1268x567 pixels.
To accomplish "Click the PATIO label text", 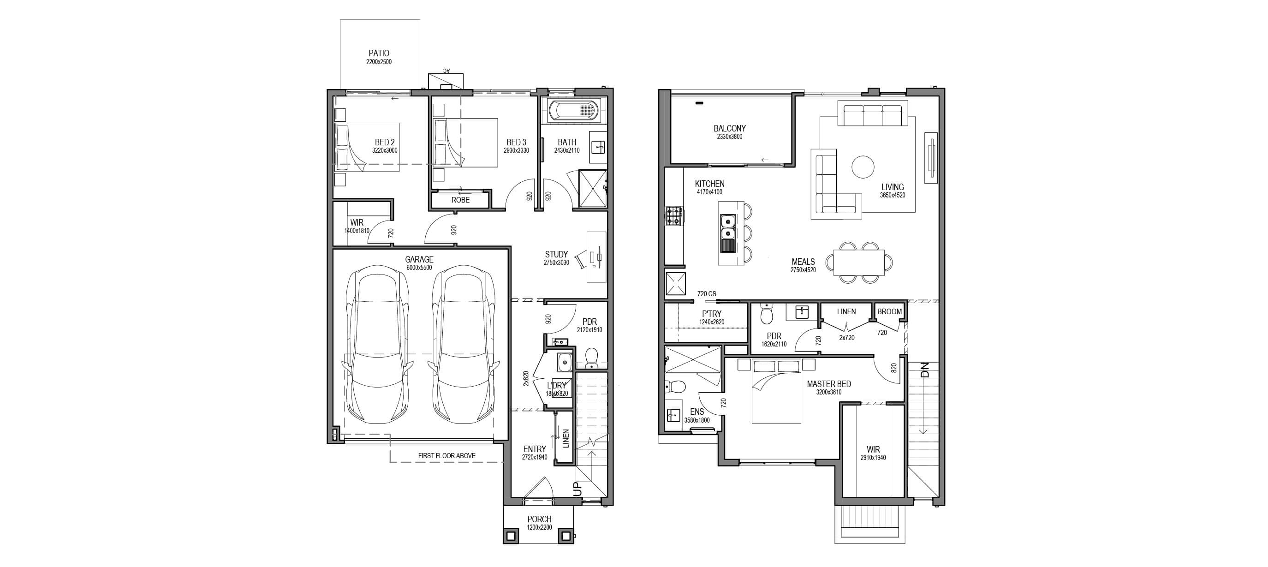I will click(379, 53).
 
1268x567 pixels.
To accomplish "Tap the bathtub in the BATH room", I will click(573, 110).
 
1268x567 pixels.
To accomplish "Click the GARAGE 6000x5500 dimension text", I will click(419, 268).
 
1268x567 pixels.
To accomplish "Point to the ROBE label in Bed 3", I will click(460, 200).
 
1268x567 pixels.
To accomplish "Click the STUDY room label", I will click(556, 255).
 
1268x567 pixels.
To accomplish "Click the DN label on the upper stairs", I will click(924, 370).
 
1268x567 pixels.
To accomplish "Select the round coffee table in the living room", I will click(863, 167).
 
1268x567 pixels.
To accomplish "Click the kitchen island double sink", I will click(727, 227).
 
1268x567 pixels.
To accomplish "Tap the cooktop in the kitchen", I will click(674, 215).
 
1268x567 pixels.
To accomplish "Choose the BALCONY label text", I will click(730, 128).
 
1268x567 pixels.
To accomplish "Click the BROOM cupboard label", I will click(889, 311).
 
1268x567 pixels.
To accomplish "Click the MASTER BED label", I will click(828, 384).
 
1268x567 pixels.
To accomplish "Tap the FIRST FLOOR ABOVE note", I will click(446, 456).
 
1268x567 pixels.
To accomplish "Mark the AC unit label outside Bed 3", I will click(446, 71).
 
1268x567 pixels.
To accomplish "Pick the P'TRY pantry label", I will click(711, 314).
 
